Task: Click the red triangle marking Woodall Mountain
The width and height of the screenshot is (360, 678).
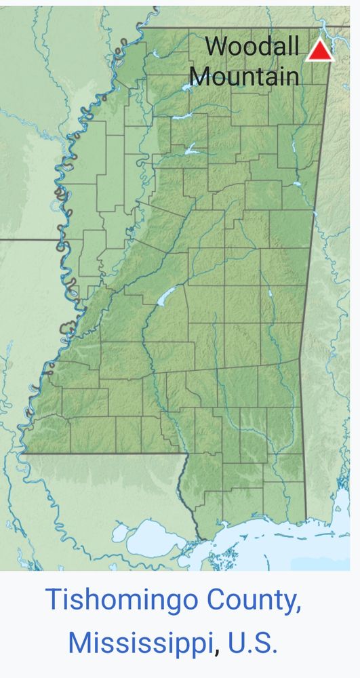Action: click(319, 51)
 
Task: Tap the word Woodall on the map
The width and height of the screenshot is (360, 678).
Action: click(252, 47)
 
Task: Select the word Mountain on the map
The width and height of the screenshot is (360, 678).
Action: click(244, 75)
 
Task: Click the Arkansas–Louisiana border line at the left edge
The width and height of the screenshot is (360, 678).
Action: click(27, 239)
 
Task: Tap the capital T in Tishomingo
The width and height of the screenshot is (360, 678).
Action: click(53, 601)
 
